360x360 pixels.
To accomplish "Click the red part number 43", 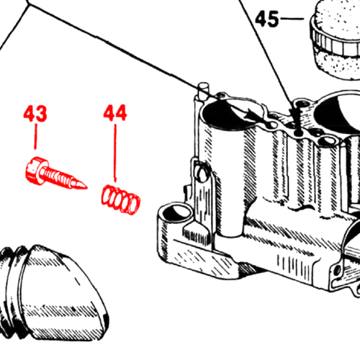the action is pos(35,114).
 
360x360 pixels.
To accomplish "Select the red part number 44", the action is pos(115,112).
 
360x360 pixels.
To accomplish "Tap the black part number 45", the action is pos(267,19).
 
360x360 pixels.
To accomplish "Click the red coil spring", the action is pos(120,199).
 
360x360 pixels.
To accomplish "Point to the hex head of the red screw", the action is pos(35,171).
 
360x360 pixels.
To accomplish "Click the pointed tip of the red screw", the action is pos(85,187).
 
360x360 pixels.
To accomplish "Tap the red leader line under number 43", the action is pos(35,136).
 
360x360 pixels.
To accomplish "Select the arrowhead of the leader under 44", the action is pos(115,179).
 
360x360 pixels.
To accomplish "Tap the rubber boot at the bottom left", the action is pos(52,294).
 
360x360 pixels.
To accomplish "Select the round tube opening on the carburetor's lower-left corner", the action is pos(175,211).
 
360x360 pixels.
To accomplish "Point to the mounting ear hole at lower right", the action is pos(337,270).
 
